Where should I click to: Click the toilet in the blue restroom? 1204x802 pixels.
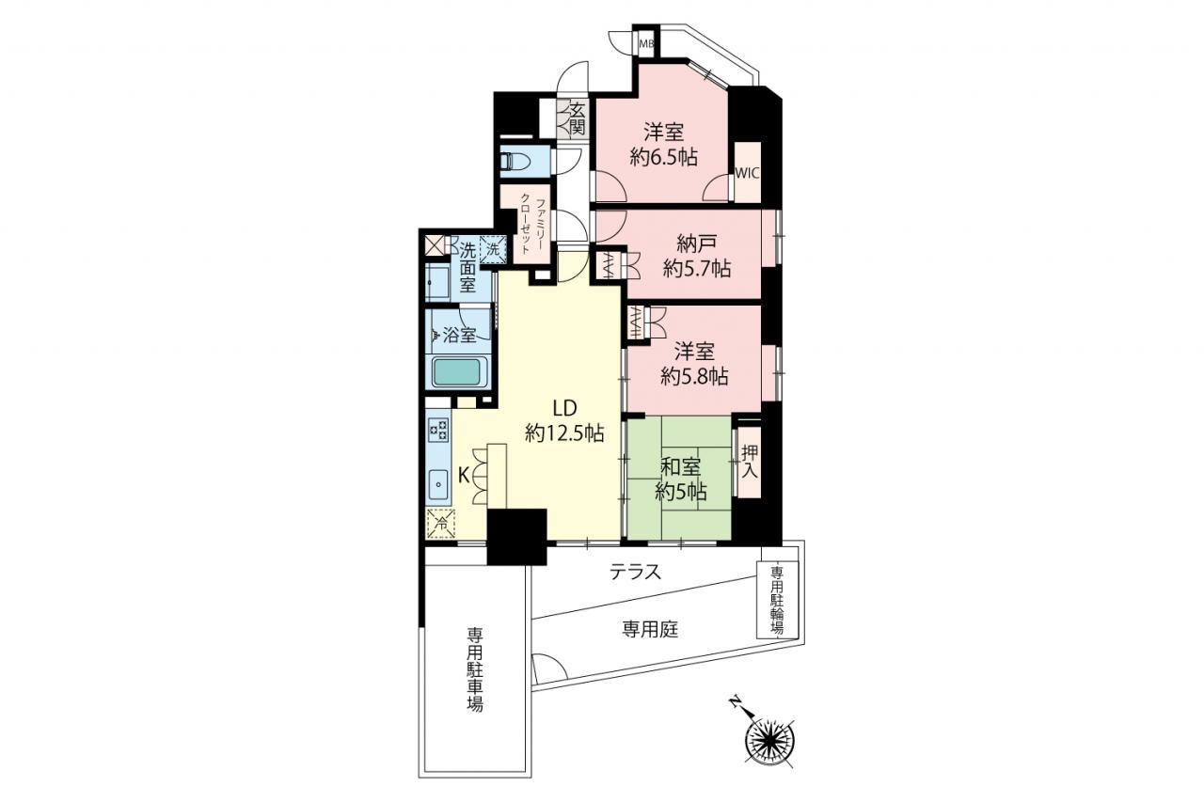click(x=515, y=161)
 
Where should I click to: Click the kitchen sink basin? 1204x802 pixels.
click(x=439, y=484)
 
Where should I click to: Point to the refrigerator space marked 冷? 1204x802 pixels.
click(x=441, y=523)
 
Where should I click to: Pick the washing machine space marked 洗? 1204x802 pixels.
click(x=494, y=249)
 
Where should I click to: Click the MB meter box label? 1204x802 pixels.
click(x=645, y=44)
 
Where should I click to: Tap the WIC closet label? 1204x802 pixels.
click(x=747, y=174)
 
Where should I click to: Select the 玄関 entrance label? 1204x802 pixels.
click(x=577, y=119)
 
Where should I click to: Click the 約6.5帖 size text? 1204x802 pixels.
click(x=663, y=157)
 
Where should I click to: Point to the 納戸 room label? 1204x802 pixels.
click(x=696, y=244)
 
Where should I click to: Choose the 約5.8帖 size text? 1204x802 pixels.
click(x=694, y=377)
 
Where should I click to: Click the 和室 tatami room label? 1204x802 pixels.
click(x=680, y=466)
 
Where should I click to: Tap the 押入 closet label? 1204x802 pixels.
click(x=750, y=462)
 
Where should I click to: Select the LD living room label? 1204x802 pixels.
click(x=565, y=409)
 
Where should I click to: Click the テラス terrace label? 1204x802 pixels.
click(x=635, y=572)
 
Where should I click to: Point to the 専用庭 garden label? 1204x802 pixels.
click(x=650, y=628)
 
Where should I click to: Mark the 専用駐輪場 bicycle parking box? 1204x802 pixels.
click(x=777, y=600)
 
